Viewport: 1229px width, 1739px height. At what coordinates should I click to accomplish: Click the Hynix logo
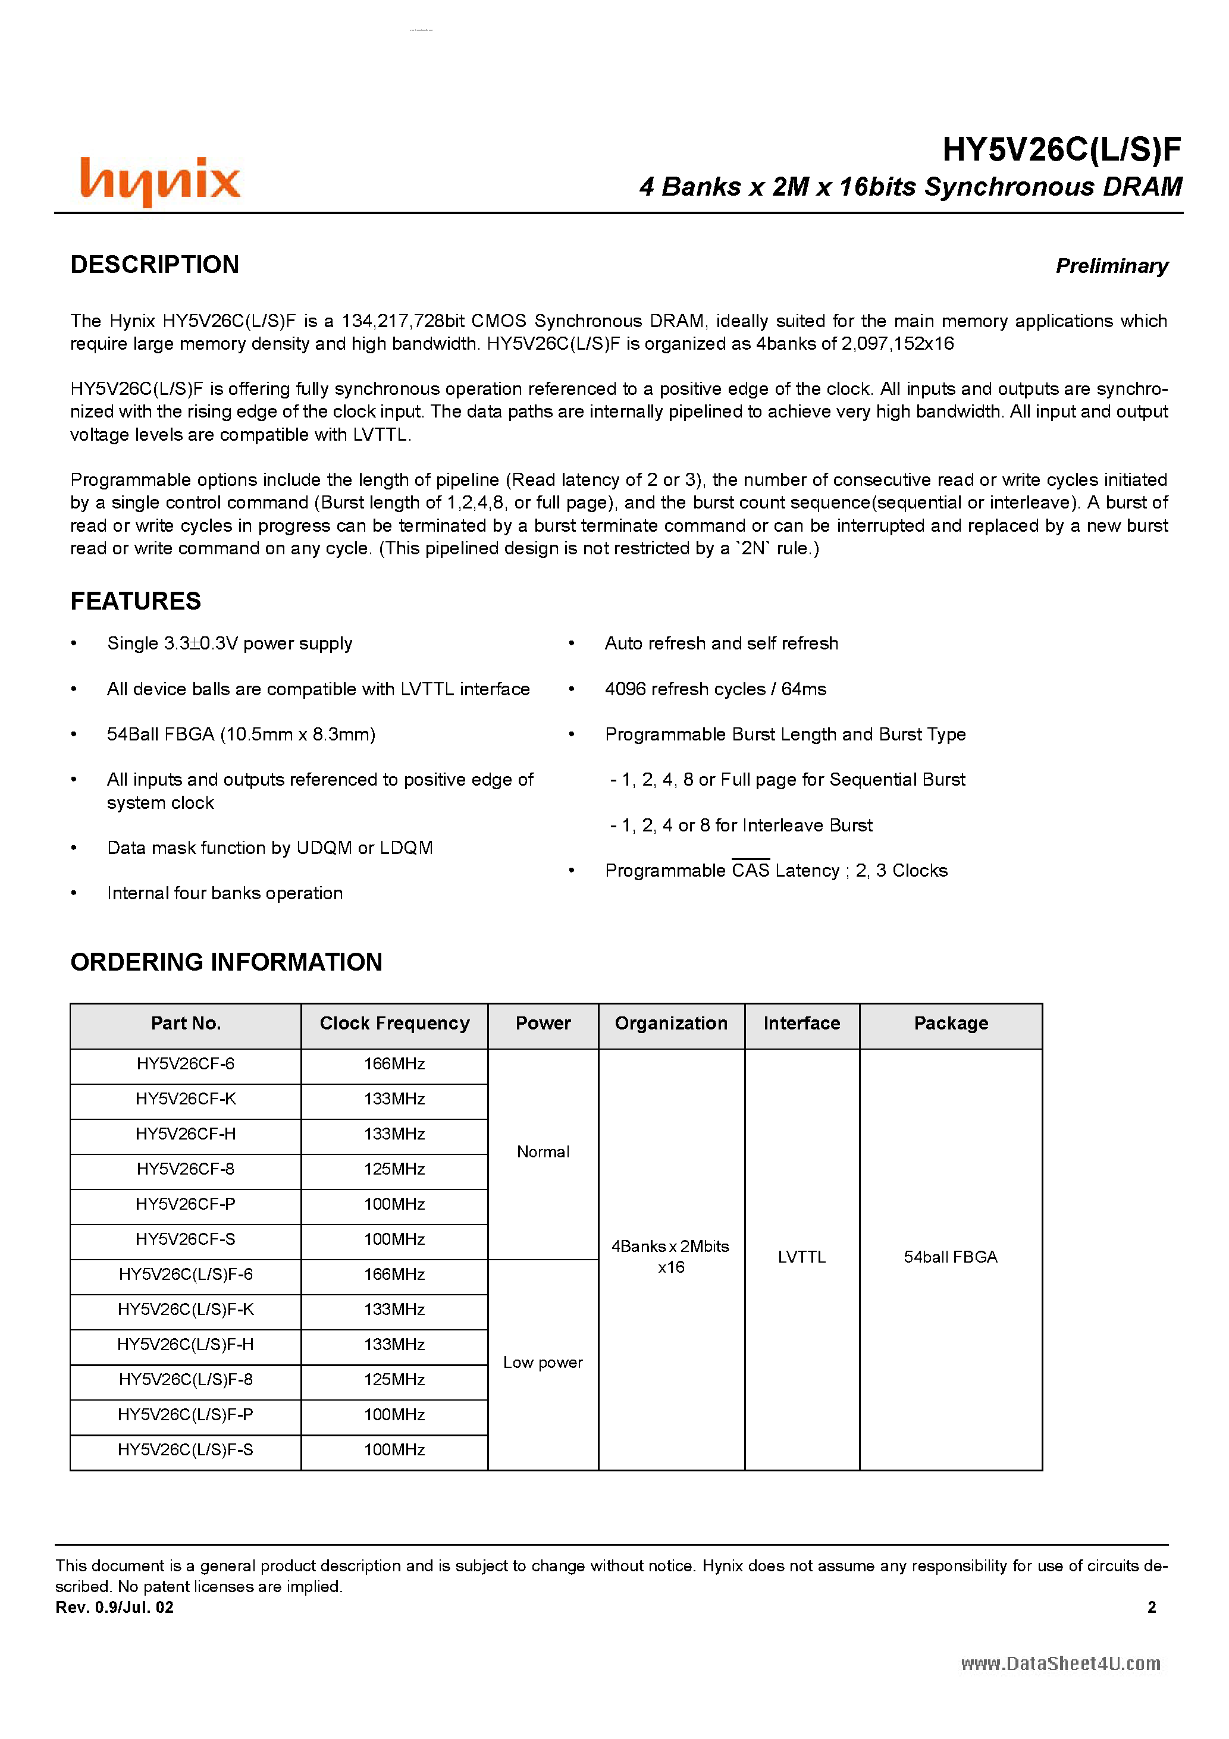coord(160,180)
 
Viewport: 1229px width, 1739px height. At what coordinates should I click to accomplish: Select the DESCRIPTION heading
coord(155,264)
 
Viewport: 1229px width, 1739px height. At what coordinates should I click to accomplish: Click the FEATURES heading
coord(136,601)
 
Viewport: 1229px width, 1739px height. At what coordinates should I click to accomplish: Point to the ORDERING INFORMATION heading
coord(226,962)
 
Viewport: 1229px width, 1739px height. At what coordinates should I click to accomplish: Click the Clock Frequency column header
coord(394,1024)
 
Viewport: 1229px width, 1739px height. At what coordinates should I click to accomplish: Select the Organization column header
coord(670,1024)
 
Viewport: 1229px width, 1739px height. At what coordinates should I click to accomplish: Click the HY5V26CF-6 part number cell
coord(186,1063)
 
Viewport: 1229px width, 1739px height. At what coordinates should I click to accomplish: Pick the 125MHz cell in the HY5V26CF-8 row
coord(394,1169)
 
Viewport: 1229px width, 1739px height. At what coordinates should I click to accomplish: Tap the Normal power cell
coord(543,1152)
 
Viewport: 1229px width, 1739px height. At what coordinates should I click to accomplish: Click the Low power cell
coord(543,1363)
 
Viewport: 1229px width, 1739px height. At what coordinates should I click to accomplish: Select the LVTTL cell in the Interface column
coord(801,1257)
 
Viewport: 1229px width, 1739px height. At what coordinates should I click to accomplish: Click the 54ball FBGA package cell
coord(950,1257)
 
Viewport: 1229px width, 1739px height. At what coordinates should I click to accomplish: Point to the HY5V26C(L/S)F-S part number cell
coord(186,1450)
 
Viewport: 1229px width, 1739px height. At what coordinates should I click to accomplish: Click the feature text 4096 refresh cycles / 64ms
coord(715,689)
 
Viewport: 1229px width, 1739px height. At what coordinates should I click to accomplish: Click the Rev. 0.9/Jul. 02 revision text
coord(114,1607)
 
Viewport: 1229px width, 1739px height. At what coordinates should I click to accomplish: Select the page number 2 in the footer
coord(1151,1607)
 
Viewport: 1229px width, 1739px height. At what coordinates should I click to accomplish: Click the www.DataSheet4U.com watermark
coord(1060,1664)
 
